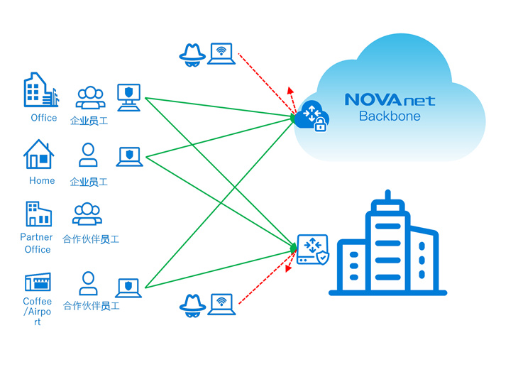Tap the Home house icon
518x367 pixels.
point(39,154)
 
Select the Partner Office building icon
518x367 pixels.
point(38,214)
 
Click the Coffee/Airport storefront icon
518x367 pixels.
point(38,282)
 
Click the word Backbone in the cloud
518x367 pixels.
point(390,116)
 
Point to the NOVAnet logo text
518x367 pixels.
point(390,99)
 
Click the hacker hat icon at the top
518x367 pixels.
point(192,55)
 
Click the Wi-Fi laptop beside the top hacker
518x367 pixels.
point(221,55)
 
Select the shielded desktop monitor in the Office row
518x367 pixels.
point(128,97)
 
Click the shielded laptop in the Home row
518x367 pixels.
point(129,157)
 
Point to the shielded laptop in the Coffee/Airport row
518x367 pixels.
point(128,287)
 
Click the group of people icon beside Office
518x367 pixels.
point(90,98)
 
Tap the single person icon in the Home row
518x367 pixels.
point(88,155)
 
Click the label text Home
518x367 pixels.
point(42,181)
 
